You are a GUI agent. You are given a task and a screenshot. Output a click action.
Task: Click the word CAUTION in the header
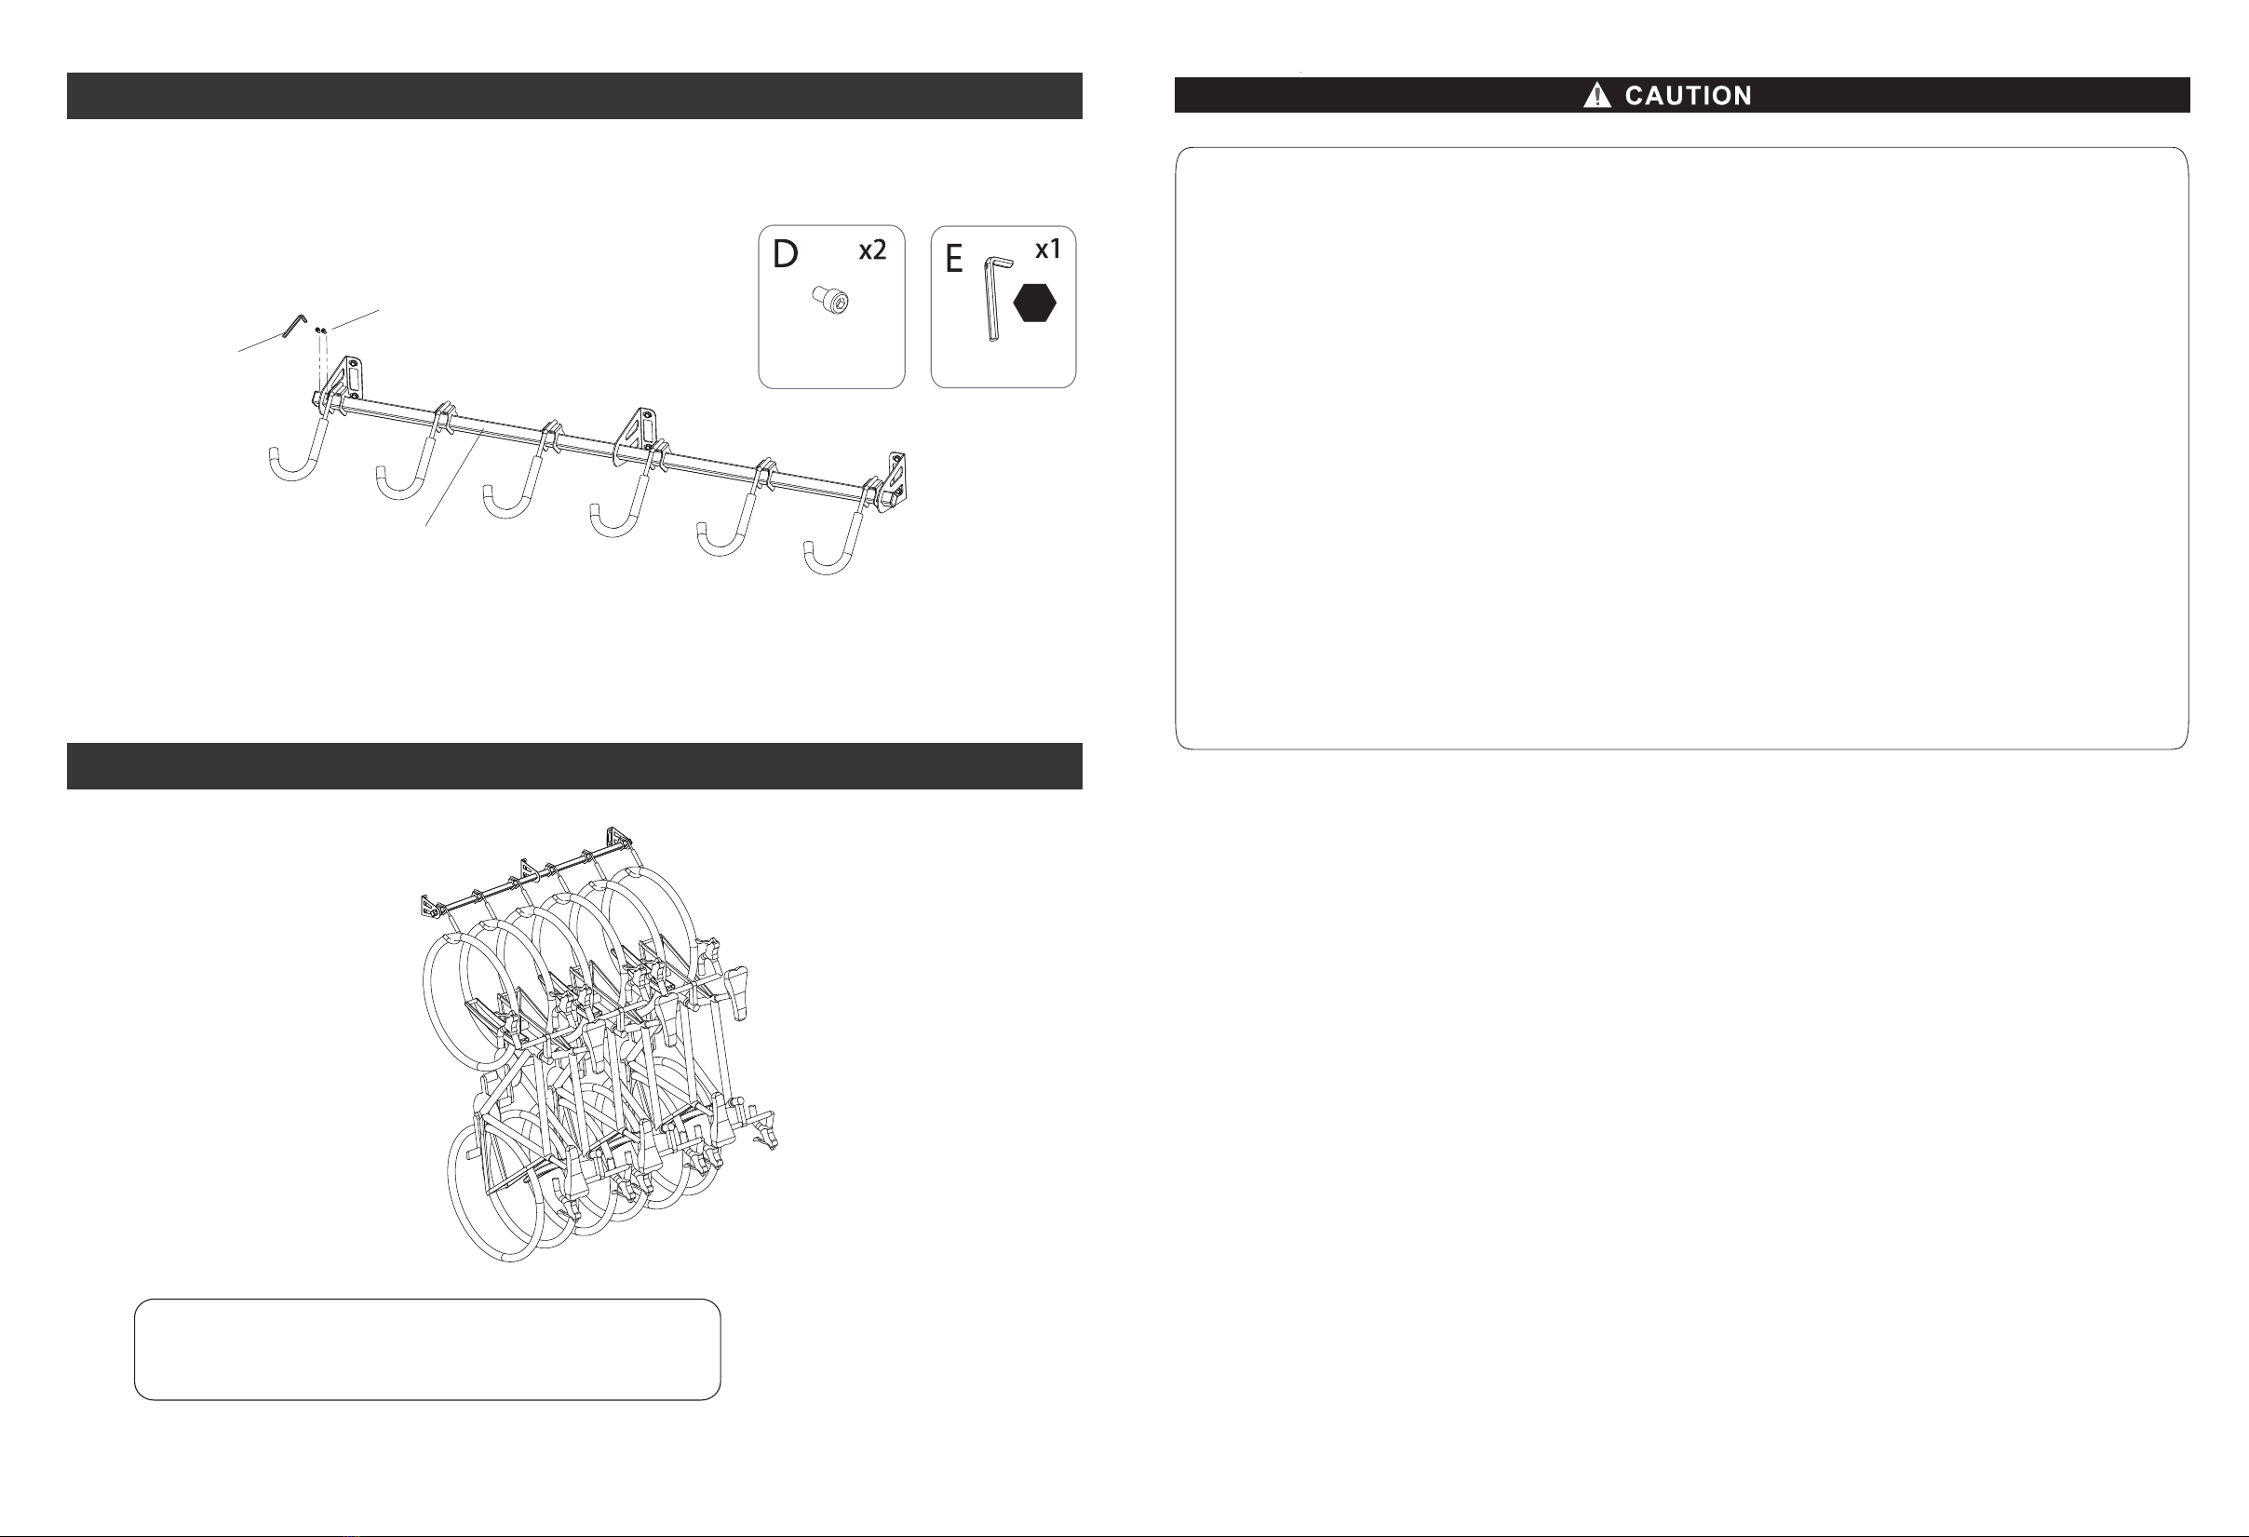[1688, 96]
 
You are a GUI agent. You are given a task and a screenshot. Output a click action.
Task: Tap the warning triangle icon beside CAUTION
[1596, 95]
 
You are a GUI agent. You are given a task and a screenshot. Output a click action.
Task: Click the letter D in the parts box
[785, 254]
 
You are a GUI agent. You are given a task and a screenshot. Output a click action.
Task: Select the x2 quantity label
[872, 250]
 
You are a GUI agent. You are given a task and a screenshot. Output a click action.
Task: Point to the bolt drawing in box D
[830, 300]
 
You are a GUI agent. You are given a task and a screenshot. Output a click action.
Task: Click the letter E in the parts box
[954, 259]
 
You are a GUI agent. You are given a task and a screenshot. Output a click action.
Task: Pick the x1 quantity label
[1048, 249]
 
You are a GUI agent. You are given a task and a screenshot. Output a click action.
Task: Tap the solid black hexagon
[1034, 303]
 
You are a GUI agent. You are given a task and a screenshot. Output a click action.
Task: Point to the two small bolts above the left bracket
[320, 331]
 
